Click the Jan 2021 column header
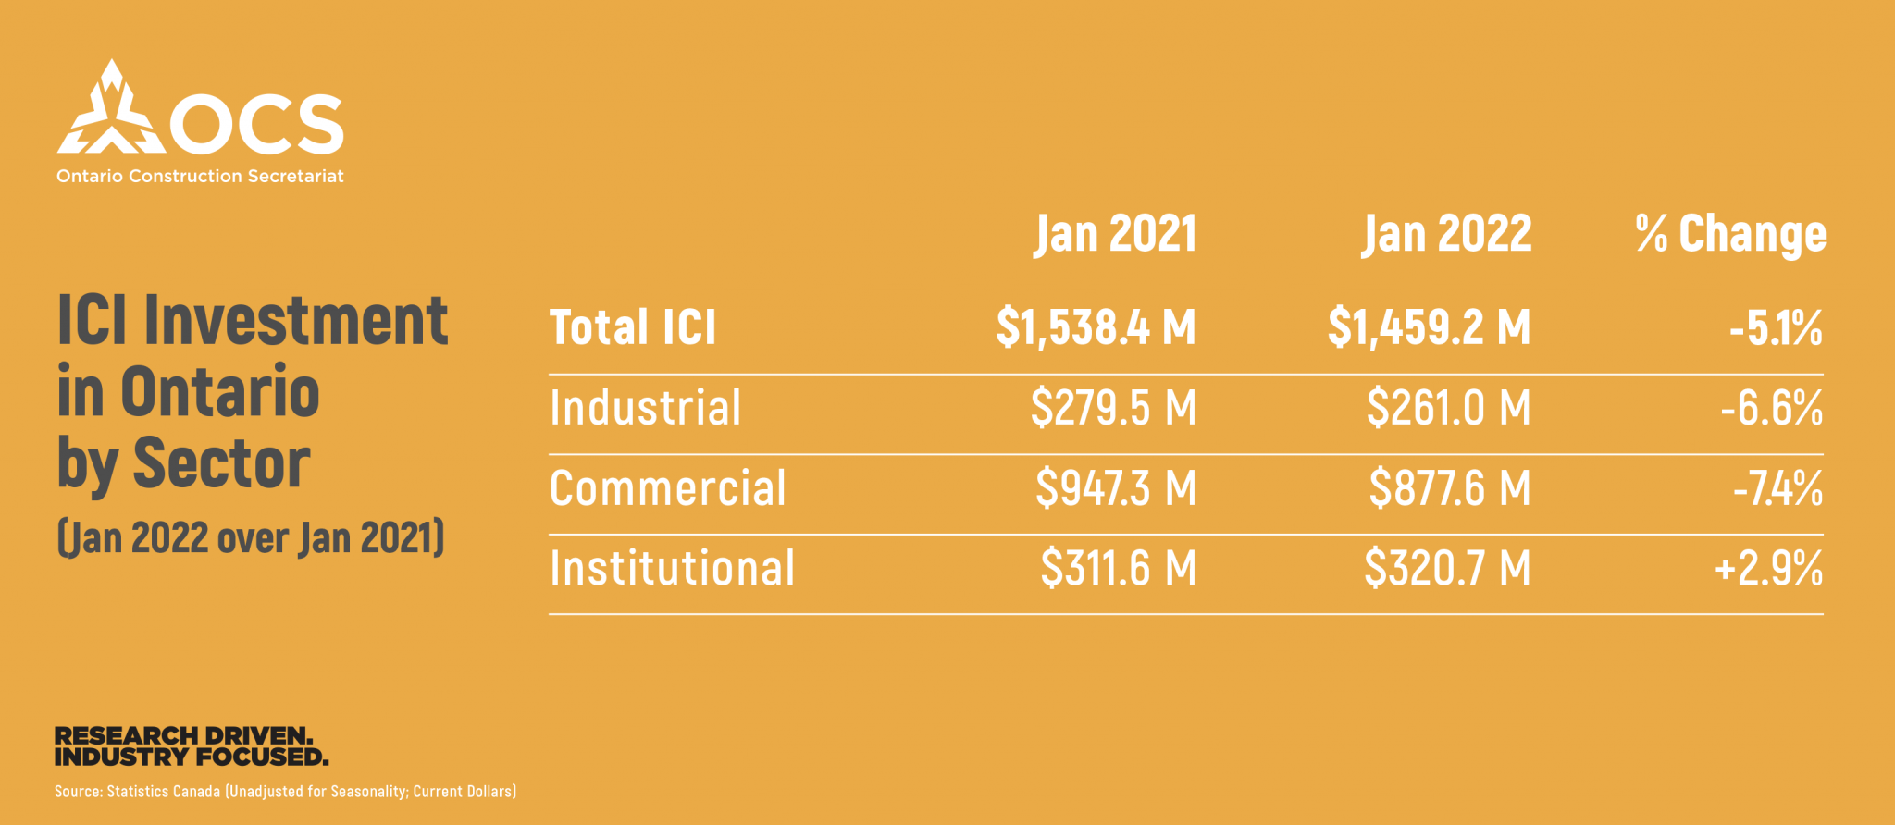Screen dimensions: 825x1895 tap(1115, 234)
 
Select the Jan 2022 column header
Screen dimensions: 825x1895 tap(1446, 234)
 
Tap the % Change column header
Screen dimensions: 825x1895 tap(1730, 234)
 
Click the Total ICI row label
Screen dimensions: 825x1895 tap(633, 327)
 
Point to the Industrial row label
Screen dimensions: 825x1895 tap(645, 408)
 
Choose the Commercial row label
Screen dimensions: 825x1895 tap(667, 488)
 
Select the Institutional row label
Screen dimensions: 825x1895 tap(672, 568)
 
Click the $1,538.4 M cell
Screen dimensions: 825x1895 tap(1096, 327)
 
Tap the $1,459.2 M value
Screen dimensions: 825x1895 tap(1429, 327)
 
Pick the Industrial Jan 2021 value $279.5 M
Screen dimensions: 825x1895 tap(1113, 408)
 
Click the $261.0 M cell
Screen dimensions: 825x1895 tap(1448, 408)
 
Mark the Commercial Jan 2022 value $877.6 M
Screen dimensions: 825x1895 tap(1449, 488)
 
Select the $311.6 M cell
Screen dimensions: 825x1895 tap(1118, 568)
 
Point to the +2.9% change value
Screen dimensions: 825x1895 tap(1768, 568)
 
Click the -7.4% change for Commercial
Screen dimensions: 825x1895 tap(1777, 488)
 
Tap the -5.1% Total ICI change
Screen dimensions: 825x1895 tap(1776, 327)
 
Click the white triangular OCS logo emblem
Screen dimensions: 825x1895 tap(111, 111)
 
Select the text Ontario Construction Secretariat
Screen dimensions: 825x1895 tap(200, 176)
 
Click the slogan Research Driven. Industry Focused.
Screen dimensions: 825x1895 tap(192, 746)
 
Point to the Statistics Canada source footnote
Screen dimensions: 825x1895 tap(285, 792)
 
